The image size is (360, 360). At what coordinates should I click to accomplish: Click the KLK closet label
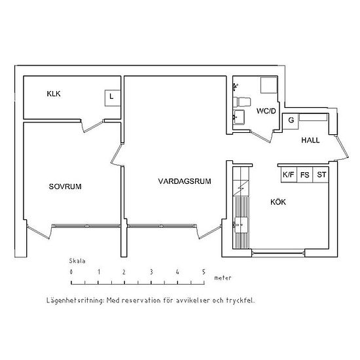coord(54,94)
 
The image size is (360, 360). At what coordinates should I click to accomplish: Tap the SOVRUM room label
coord(65,187)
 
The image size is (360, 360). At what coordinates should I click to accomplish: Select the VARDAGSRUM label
coord(185,181)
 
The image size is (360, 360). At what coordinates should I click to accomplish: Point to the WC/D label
coord(266,111)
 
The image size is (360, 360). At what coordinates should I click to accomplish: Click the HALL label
coord(310,140)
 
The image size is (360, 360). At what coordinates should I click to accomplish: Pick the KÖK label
coord(278,202)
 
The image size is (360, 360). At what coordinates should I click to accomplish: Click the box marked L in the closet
coord(113,98)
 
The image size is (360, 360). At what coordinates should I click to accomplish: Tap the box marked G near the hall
coord(290,121)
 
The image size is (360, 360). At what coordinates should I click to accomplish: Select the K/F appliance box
coord(289,175)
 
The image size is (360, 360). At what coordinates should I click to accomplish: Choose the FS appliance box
coord(305,175)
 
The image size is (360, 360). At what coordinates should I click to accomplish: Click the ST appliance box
coord(321,175)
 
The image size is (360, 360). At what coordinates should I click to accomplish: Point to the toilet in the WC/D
coord(242,101)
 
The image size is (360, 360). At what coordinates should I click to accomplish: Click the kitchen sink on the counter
coord(241,225)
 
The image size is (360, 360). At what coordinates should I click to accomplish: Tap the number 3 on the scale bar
coord(151,272)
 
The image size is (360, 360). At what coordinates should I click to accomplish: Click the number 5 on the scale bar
coord(204,272)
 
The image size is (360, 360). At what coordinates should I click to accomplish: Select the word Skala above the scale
coord(77,261)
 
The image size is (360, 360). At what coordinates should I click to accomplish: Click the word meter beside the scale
coord(223,278)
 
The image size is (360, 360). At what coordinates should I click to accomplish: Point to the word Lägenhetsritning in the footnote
coord(75,300)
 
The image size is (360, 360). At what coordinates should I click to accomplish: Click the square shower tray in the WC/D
coord(269,85)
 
